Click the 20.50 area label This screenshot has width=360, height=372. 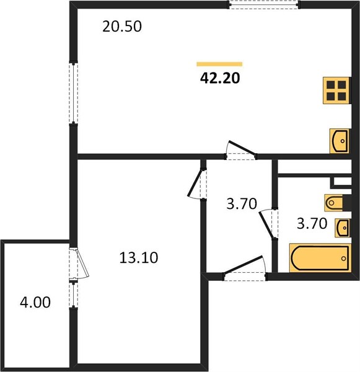click(122, 26)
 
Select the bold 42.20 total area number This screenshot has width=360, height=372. click(220, 78)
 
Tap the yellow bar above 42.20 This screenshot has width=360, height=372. click(219, 64)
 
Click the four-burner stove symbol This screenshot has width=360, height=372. click(336, 91)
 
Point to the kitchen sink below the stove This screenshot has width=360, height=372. click(340, 141)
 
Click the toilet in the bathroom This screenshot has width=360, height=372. click(335, 203)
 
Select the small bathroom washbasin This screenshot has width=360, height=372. click(342, 228)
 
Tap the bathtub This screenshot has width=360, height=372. click(320, 258)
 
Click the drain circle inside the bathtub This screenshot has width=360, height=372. click(344, 259)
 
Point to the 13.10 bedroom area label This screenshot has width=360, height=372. click(139, 258)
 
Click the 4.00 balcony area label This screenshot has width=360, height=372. click(35, 303)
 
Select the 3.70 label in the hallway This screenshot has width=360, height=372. click(242, 203)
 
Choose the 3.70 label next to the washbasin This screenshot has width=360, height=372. click(312, 223)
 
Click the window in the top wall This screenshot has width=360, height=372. click(263, 5)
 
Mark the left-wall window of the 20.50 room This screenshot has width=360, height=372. click(74, 93)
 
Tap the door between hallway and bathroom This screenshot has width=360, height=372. click(269, 224)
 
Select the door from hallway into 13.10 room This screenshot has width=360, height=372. click(197, 184)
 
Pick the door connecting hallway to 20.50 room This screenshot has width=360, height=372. click(240, 151)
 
